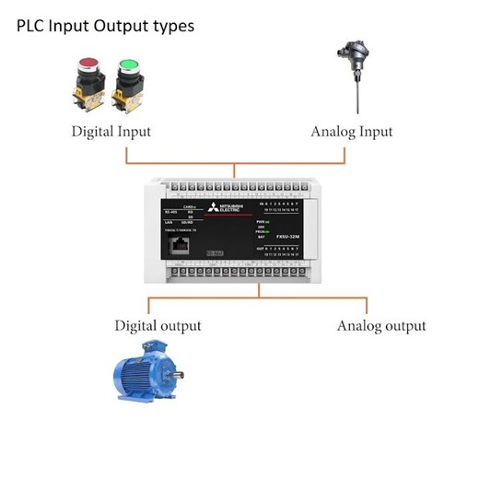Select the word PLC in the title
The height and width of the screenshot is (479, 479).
(x=33, y=26)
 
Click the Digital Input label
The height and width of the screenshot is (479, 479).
(x=111, y=132)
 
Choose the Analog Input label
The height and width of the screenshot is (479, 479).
(x=352, y=132)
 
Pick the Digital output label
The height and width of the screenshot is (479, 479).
(x=158, y=325)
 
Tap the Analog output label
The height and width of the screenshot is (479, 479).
(x=381, y=325)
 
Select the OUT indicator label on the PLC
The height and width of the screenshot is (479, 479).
(x=263, y=248)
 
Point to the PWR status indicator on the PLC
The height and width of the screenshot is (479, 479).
(x=260, y=222)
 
